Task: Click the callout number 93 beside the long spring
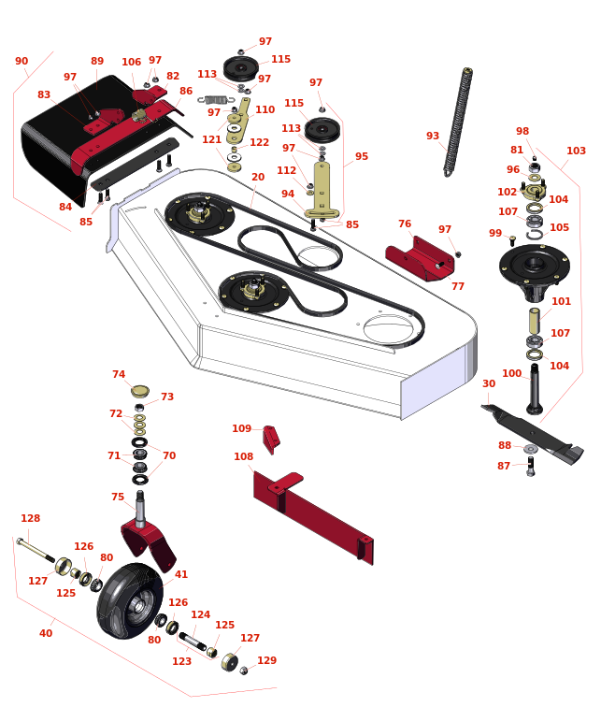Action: click(x=433, y=136)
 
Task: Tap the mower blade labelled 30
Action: click(x=533, y=433)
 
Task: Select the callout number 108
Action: click(x=243, y=456)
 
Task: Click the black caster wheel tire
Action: click(x=130, y=600)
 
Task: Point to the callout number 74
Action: click(x=119, y=374)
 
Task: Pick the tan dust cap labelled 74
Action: click(x=140, y=391)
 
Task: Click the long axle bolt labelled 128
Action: click(x=36, y=550)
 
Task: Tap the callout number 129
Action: click(x=266, y=660)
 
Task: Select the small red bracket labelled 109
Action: click(x=271, y=440)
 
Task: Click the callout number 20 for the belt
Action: click(x=258, y=177)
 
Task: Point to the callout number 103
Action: click(x=576, y=151)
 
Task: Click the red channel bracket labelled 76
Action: click(x=420, y=259)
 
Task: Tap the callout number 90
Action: click(x=21, y=61)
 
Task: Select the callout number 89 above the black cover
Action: click(x=97, y=61)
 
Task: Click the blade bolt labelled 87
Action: click(x=531, y=467)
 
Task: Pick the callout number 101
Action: click(x=561, y=301)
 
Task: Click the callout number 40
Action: click(x=46, y=633)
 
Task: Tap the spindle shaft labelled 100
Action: click(x=534, y=389)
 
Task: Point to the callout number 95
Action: click(x=362, y=156)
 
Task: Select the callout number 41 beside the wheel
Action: click(x=181, y=574)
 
